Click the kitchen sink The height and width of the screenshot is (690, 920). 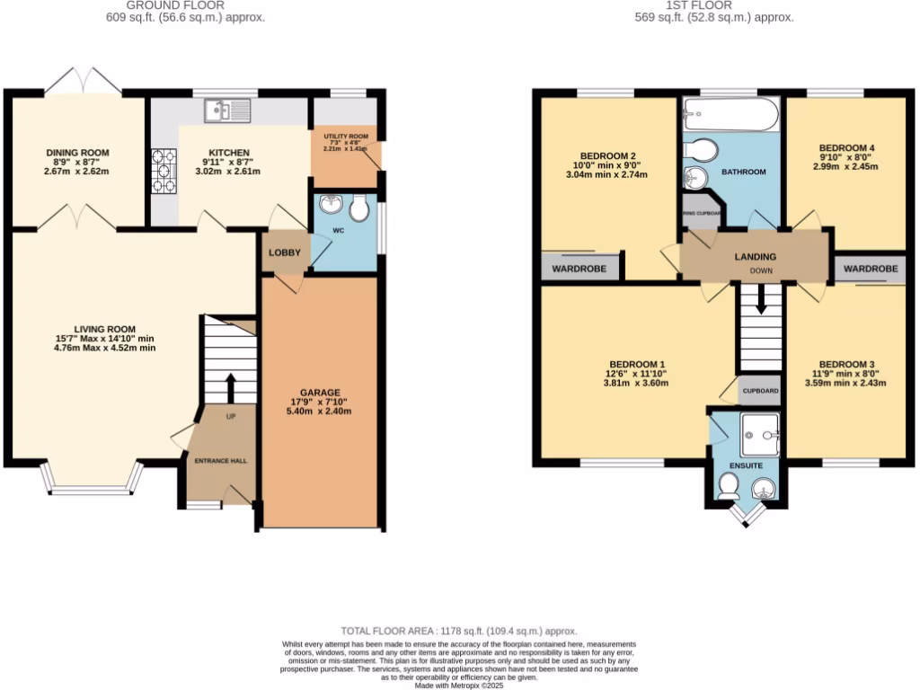coord(228,111)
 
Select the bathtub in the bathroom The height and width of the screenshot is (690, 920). coord(729,115)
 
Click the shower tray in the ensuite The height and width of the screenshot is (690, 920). coord(759,433)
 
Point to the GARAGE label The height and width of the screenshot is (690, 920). coord(320,393)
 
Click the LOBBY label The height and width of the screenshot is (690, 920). coord(284,253)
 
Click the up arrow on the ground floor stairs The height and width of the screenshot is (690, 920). coord(229,388)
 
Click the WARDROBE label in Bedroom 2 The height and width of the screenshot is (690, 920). coord(579,269)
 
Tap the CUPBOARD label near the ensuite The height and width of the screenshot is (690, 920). coord(760,391)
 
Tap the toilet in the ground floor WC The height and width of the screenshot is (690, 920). coord(360,209)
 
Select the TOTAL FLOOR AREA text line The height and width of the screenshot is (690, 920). coord(458,632)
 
